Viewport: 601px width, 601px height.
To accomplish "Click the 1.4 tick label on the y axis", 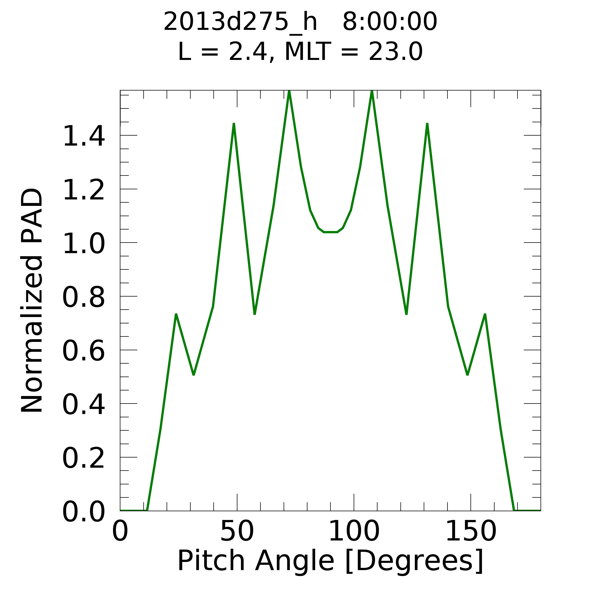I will click(x=83, y=136).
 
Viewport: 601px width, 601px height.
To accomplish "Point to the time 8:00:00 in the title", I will click(x=390, y=22).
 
